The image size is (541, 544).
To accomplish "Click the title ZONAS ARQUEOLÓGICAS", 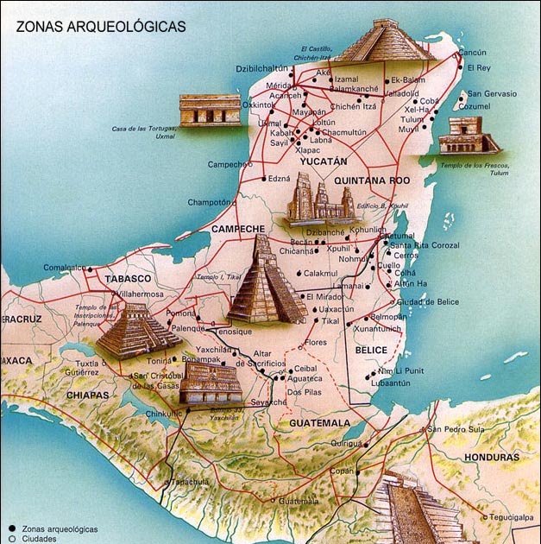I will (x=101, y=27).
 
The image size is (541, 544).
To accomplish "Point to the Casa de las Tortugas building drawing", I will (x=210, y=110).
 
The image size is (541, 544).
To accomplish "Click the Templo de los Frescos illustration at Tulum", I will (x=468, y=136).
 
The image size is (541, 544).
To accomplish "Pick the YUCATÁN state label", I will (x=323, y=161).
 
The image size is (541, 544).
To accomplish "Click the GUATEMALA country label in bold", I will (x=319, y=423).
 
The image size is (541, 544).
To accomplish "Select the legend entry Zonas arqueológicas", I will (x=60, y=528).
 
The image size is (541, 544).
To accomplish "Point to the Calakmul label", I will (x=320, y=273).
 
